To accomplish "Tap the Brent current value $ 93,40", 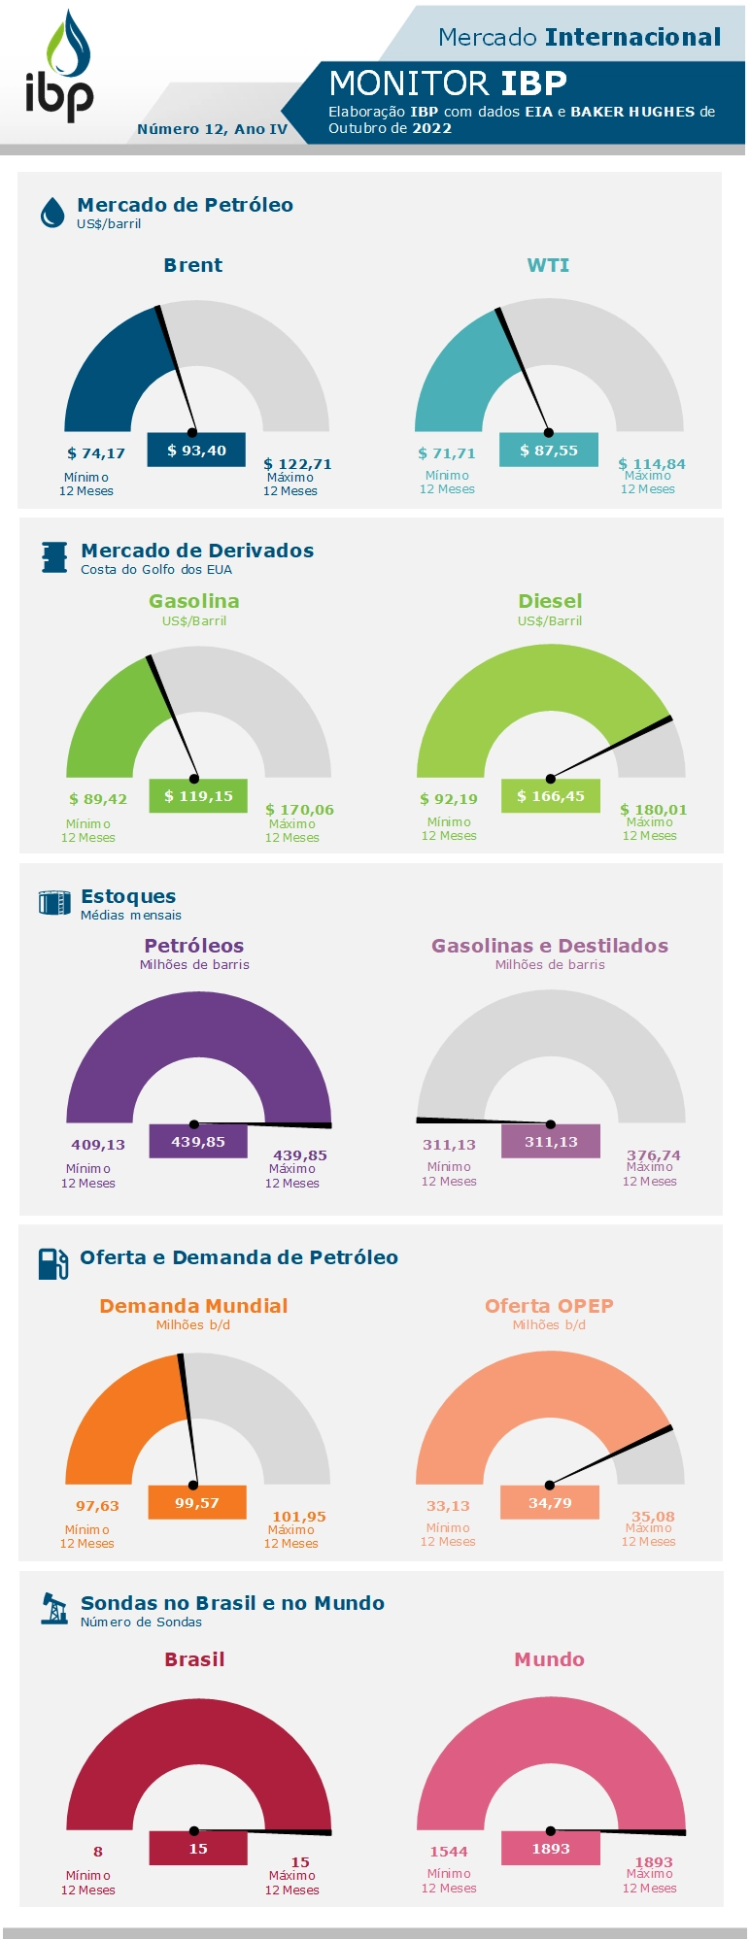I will [196, 451].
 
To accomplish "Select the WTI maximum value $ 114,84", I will [652, 464].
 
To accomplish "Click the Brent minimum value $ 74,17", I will [96, 453].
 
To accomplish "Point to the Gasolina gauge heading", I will [194, 601].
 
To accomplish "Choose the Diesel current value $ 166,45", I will [551, 796].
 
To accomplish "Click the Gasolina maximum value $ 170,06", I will [299, 810].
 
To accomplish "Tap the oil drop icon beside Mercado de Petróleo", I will [52, 213].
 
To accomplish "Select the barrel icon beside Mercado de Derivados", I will [54, 557].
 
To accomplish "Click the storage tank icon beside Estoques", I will [54, 903].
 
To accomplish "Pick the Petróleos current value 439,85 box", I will [198, 1142].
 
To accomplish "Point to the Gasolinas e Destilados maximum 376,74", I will [654, 1155].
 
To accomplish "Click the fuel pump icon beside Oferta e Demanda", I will [53, 1263].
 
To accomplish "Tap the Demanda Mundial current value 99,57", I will [197, 1503].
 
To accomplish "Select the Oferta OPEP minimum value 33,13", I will [448, 1506].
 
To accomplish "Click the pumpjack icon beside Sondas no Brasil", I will [54, 1608].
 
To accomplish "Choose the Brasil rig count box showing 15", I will [198, 1849].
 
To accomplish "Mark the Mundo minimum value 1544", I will [449, 1852].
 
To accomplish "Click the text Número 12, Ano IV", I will [213, 129].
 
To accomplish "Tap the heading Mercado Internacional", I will [579, 37].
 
